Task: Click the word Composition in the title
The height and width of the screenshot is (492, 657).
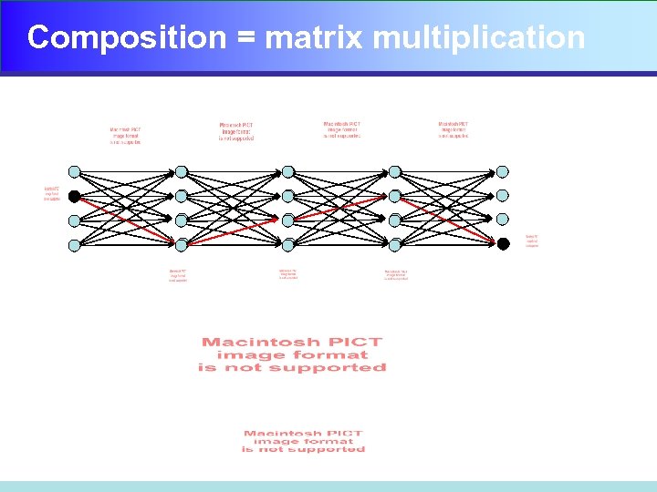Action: pyautogui.click(x=126, y=37)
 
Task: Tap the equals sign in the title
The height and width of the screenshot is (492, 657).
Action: pyautogui.click(x=245, y=38)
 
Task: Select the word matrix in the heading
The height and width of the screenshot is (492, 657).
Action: pyautogui.click(x=315, y=37)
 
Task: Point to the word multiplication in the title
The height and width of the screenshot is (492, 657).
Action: pyautogui.click(x=479, y=37)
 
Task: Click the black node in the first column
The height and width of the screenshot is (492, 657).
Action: pyautogui.click(x=75, y=196)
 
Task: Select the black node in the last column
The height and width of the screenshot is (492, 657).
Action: pyautogui.click(x=503, y=243)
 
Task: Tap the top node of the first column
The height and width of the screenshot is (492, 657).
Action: pyautogui.click(x=75, y=171)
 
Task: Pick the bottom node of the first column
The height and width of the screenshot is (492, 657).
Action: pyautogui.click(x=75, y=244)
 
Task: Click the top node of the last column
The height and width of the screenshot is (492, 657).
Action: pyautogui.click(x=503, y=171)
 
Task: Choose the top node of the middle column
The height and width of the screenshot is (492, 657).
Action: pyautogui.click(x=288, y=171)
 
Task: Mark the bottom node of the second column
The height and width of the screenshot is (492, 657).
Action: pyautogui.click(x=182, y=244)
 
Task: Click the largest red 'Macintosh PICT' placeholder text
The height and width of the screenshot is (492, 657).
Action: pyautogui.click(x=292, y=354)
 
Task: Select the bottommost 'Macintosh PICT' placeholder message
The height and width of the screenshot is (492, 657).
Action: pyautogui.click(x=303, y=441)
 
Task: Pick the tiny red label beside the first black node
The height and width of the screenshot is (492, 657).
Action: pyautogui.click(x=52, y=193)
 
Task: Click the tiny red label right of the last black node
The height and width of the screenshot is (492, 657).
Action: pyautogui.click(x=532, y=241)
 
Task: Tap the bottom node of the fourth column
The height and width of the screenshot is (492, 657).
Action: pyautogui.click(x=395, y=244)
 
